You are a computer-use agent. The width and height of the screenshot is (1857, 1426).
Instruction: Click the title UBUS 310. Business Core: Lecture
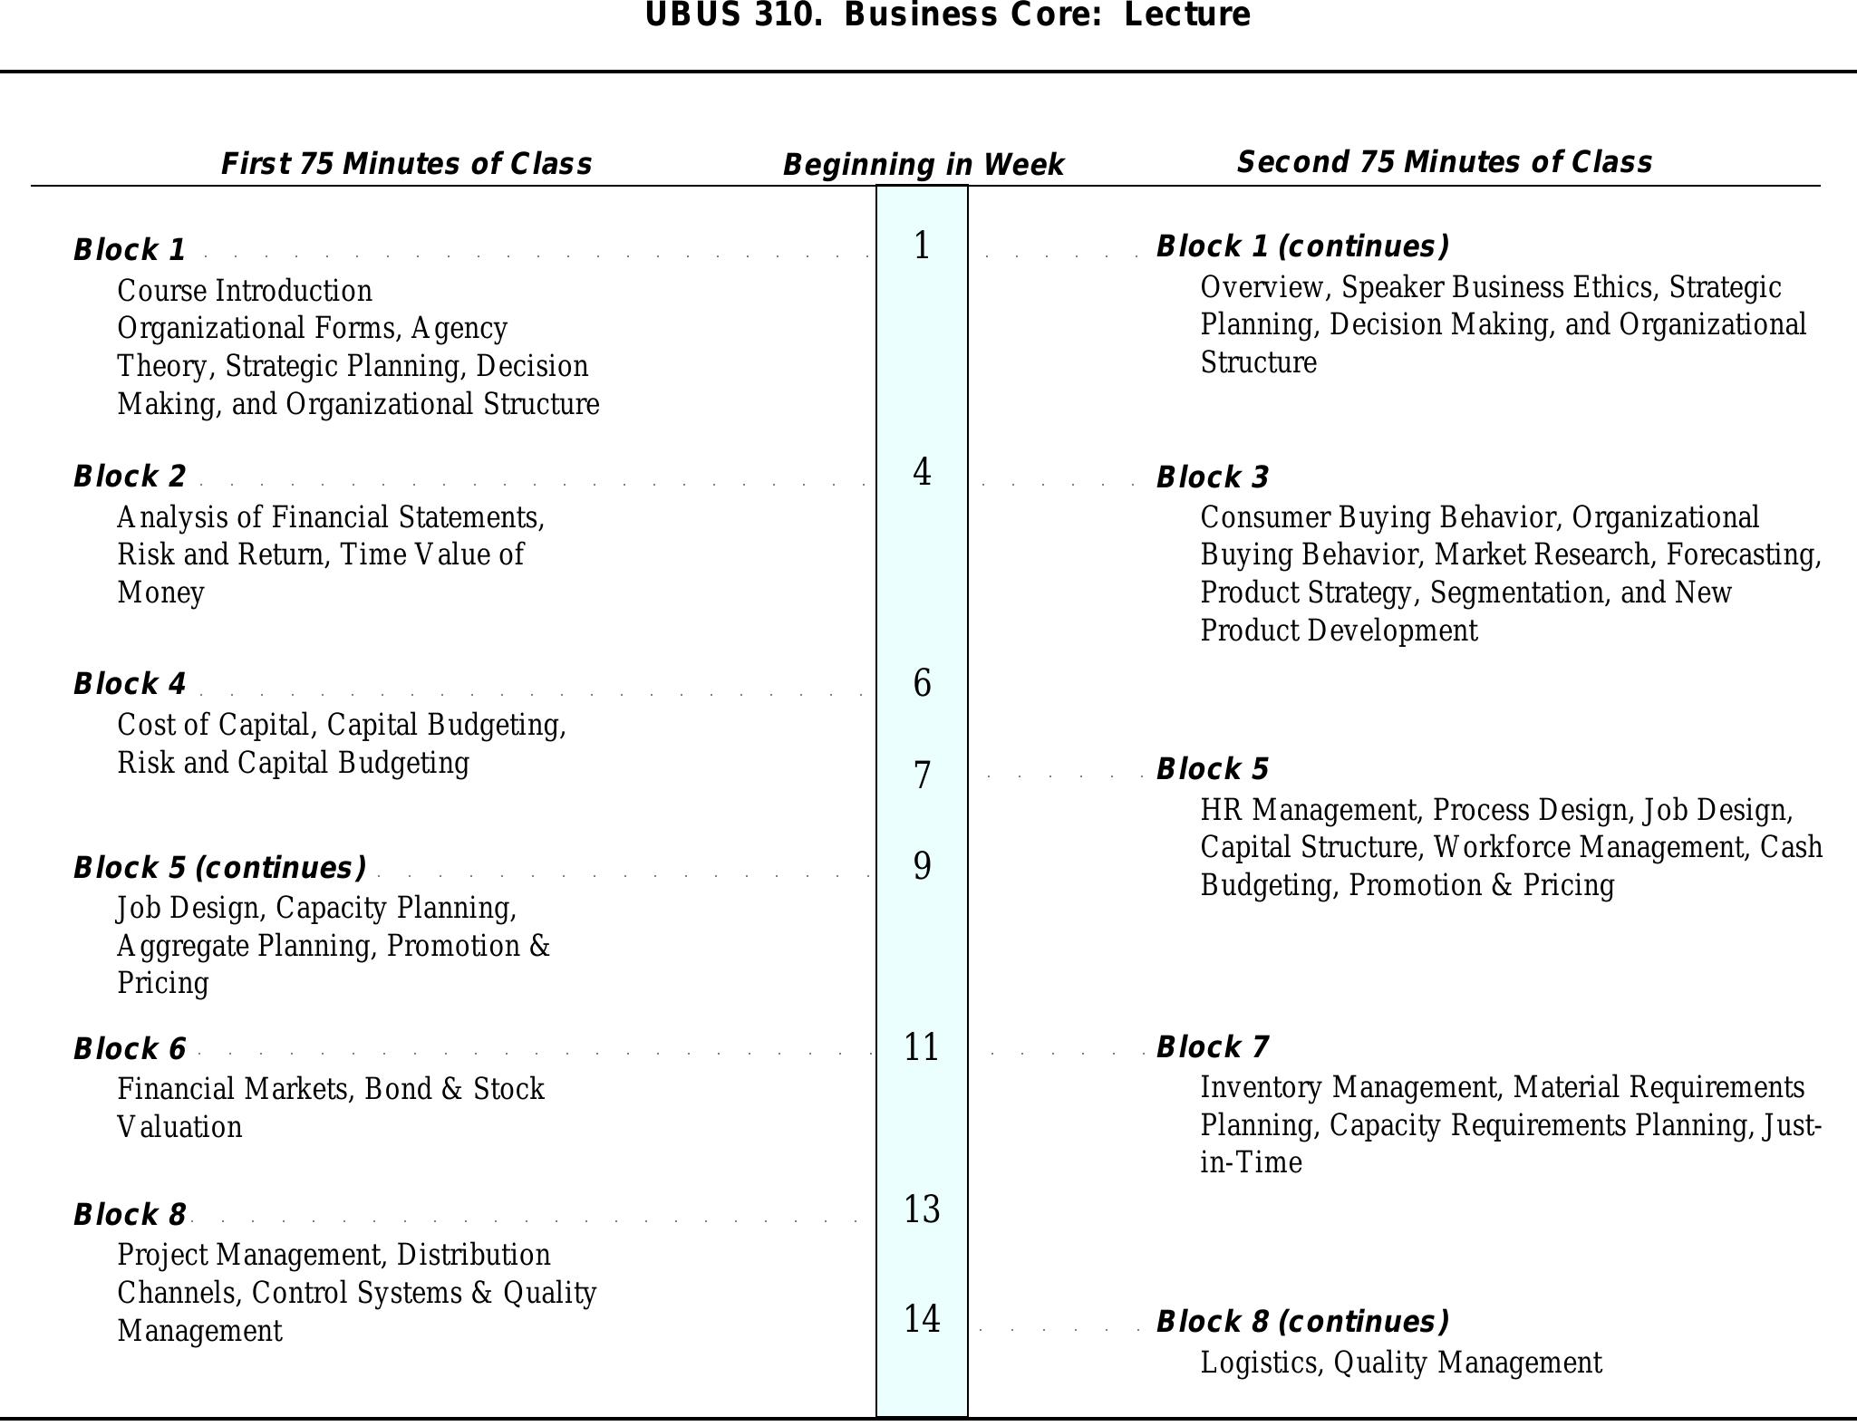pyautogui.click(x=947, y=15)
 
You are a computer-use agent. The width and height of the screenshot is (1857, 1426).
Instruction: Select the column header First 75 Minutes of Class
pyautogui.click(x=407, y=164)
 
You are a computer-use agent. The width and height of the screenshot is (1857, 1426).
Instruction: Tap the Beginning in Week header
pyautogui.click(x=923, y=165)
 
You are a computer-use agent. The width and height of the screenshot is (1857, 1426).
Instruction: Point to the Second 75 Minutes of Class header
pyautogui.click(x=1444, y=162)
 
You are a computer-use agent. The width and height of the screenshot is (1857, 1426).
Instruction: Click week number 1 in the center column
pyautogui.click(x=922, y=246)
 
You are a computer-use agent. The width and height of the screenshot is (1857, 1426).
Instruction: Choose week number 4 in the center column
pyautogui.click(x=922, y=472)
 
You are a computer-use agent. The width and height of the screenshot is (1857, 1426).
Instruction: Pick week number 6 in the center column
pyautogui.click(x=922, y=683)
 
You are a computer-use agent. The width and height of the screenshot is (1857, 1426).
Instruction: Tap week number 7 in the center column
pyautogui.click(x=922, y=776)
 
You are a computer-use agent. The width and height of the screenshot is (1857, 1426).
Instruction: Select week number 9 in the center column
pyautogui.click(x=922, y=866)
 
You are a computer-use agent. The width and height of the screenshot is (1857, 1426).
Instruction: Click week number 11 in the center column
pyautogui.click(x=922, y=1047)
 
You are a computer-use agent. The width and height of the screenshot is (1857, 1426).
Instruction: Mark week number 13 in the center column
pyautogui.click(x=922, y=1209)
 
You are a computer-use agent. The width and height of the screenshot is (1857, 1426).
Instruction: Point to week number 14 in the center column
pyautogui.click(x=922, y=1319)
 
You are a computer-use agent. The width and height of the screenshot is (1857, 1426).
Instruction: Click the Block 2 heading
pyautogui.click(x=130, y=476)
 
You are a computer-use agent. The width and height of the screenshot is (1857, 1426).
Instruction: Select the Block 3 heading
pyautogui.click(x=1213, y=477)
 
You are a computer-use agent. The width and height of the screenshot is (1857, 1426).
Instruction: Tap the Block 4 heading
pyautogui.click(x=130, y=684)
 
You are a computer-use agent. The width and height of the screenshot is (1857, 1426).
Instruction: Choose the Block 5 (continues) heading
pyautogui.click(x=220, y=867)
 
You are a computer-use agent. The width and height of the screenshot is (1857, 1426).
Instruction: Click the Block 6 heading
pyautogui.click(x=130, y=1048)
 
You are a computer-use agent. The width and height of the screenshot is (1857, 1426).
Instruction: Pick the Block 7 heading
pyautogui.click(x=1213, y=1047)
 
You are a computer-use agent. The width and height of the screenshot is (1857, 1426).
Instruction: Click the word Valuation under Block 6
pyautogui.click(x=179, y=1127)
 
